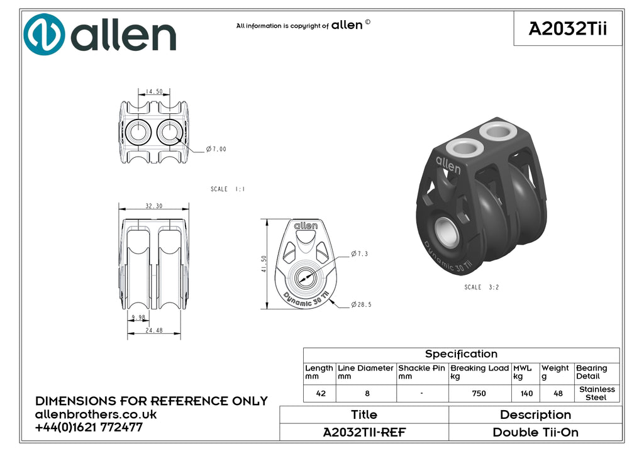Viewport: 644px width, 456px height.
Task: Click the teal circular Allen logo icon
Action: tap(44, 35)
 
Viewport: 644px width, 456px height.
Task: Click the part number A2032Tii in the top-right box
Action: tap(568, 29)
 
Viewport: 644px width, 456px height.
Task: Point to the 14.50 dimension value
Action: tap(154, 92)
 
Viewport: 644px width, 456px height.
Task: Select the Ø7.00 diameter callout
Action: tap(216, 148)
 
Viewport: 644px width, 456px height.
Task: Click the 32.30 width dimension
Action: tap(154, 206)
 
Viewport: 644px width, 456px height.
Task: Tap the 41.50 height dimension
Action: tap(264, 264)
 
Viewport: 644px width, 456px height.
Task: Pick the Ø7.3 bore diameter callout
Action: tap(359, 254)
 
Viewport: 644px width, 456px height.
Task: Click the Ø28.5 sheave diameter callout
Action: tap(361, 304)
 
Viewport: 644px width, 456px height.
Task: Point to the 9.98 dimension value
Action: tap(138, 318)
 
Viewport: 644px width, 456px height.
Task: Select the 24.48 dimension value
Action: tap(154, 330)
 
